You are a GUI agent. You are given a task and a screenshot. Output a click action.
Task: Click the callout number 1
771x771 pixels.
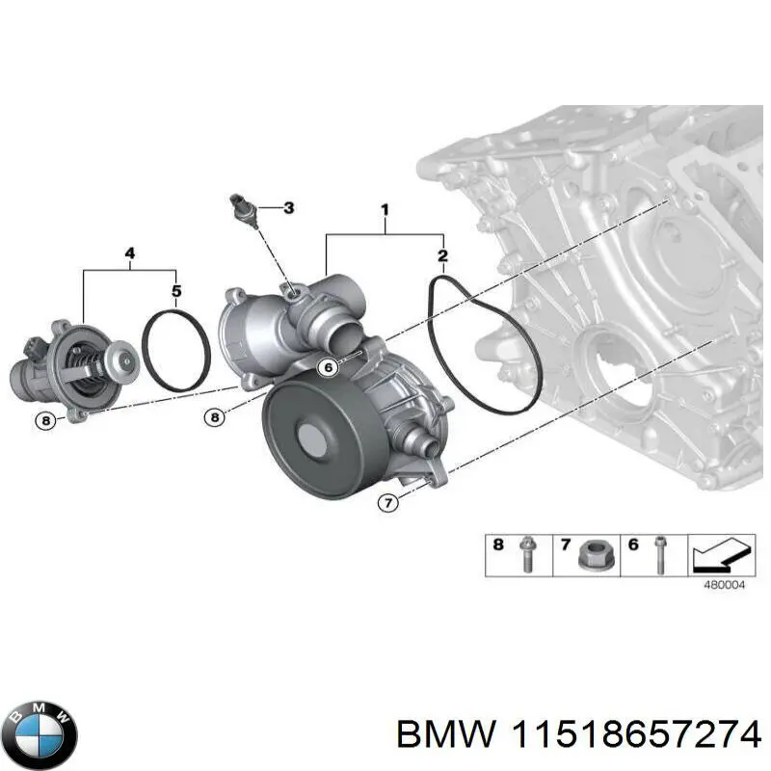[385, 209]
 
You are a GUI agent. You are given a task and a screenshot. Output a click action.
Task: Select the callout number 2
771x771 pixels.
[442, 255]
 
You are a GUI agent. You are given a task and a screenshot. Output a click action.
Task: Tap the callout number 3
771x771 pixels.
[287, 207]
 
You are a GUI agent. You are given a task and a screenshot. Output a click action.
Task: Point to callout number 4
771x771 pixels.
[130, 253]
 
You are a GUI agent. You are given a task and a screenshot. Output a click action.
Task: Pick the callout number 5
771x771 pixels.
[175, 290]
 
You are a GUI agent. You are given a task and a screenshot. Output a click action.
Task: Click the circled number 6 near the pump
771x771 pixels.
[329, 366]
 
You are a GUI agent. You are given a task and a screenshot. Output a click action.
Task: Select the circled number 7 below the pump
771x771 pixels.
[388, 502]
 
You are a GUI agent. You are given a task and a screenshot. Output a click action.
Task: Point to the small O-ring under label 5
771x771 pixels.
[176, 349]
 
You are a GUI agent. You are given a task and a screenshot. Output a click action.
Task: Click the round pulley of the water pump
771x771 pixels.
[317, 439]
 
